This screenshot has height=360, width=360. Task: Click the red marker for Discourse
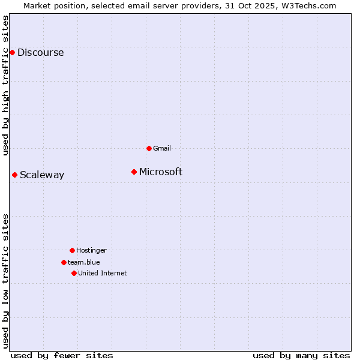(x=12, y=52)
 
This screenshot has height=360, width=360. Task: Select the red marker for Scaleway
(x=14, y=175)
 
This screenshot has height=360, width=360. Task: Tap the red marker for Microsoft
(x=134, y=172)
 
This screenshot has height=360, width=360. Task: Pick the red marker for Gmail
(x=149, y=148)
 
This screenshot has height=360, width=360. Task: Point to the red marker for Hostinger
(x=72, y=250)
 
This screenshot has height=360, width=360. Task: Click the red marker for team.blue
(x=64, y=262)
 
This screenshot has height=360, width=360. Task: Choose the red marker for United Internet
(x=74, y=273)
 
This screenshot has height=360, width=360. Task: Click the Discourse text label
(x=40, y=53)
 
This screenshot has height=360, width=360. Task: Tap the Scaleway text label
(x=42, y=175)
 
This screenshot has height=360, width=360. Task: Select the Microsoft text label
(x=161, y=172)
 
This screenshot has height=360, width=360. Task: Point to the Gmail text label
(x=162, y=148)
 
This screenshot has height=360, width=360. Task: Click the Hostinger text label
(x=91, y=250)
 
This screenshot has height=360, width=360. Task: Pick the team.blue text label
(x=84, y=262)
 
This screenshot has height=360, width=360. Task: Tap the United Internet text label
(x=103, y=273)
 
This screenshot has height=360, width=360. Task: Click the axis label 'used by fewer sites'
(x=62, y=355)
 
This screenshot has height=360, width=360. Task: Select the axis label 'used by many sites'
(x=301, y=355)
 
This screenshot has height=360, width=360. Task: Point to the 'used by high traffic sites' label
(x=6, y=85)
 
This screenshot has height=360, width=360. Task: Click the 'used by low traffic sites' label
(x=6, y=280)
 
